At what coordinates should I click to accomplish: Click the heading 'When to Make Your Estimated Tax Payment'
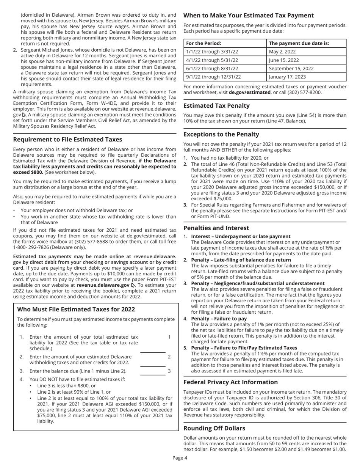tap(248, 16)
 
